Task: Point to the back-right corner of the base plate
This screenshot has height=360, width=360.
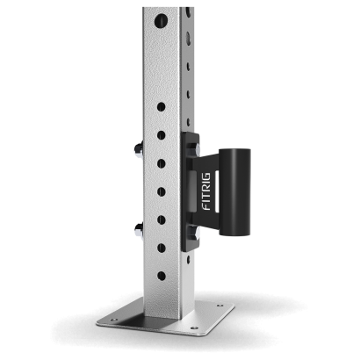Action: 234,306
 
